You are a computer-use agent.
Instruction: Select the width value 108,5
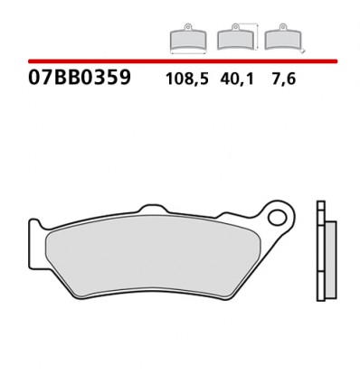click(x=186, y=79)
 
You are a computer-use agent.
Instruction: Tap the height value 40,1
click(x=237, y=79)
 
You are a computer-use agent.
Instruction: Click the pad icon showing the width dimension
click(x=187, y=39)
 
